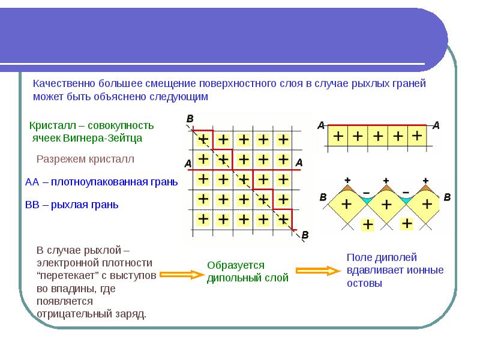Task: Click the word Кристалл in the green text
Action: coord(52,125)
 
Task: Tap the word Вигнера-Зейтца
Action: coord(103,138)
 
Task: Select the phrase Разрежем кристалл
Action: coord(85,159)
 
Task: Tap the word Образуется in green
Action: coord(236,265)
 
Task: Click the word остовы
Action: coord(364,283)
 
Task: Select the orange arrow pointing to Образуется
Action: coord(182,275)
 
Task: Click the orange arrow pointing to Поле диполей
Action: coord(318,271)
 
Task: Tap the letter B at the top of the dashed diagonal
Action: coord(190,119)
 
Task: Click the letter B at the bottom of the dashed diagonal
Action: coord(305,235)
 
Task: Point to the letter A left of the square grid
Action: coord(188,163)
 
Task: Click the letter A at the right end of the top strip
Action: coord(436,125)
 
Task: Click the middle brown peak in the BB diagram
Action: coord(386,188)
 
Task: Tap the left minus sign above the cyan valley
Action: coord(366,193)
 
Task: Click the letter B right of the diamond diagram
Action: coord(447,197)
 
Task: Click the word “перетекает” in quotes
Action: coord(67,275)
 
